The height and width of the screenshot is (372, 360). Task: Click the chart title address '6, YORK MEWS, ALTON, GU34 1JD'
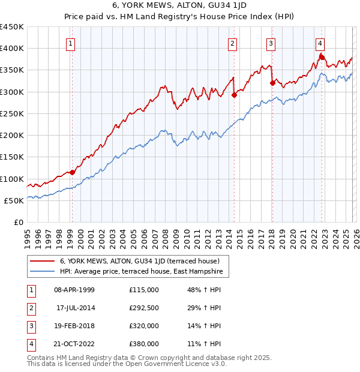(x=179, y=7)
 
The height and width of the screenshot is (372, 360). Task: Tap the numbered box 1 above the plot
(x=71, y=43)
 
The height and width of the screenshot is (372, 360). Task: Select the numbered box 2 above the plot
(x=232, y=43)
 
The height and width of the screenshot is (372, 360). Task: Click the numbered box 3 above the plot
(x=271, y=43)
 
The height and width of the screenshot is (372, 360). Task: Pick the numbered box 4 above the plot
(x=320, y=43)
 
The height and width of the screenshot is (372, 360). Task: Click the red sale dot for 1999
(x=73, y=172)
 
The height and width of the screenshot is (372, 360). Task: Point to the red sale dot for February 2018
(x=272, y=83)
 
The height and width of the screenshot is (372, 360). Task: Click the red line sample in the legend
(x=43, y=261)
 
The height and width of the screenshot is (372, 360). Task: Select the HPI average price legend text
(x=141, y=272)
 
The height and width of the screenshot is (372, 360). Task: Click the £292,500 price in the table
(x=144, y=307)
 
